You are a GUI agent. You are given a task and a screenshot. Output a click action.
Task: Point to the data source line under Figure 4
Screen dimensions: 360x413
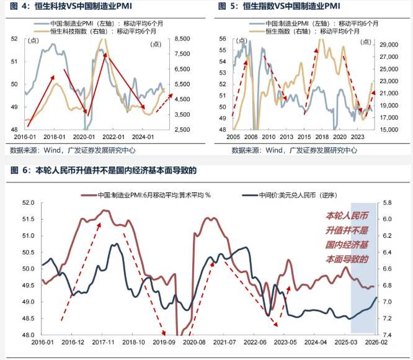pos(73,150)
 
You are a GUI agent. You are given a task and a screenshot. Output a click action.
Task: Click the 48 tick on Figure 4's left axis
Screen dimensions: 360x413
pos(16,129)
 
